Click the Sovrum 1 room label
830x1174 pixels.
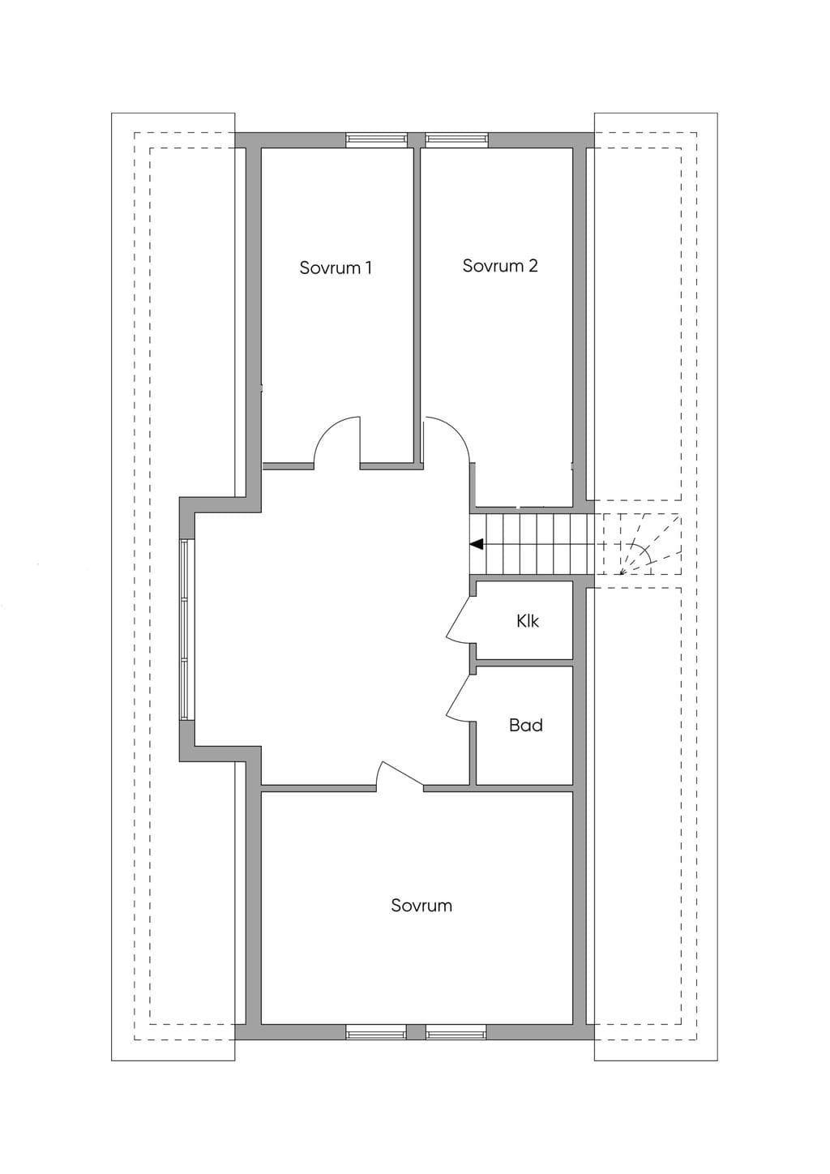pos(336,268)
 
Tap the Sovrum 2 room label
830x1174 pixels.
pos(500,266)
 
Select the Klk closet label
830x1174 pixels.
pos(528,621)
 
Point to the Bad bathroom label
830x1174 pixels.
pos(525,726)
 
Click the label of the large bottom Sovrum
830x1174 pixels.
pos(421,920)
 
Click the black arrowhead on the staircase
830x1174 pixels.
pos(476,545)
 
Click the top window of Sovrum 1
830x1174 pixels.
pos(376,139)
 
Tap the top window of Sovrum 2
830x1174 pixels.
pos(457,139)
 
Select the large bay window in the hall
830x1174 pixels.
pos(185,630)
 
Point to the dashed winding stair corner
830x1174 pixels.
pos(642,544)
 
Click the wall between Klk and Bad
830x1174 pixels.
pos(524,662)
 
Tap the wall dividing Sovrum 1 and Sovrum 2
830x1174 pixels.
pos(417,304)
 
